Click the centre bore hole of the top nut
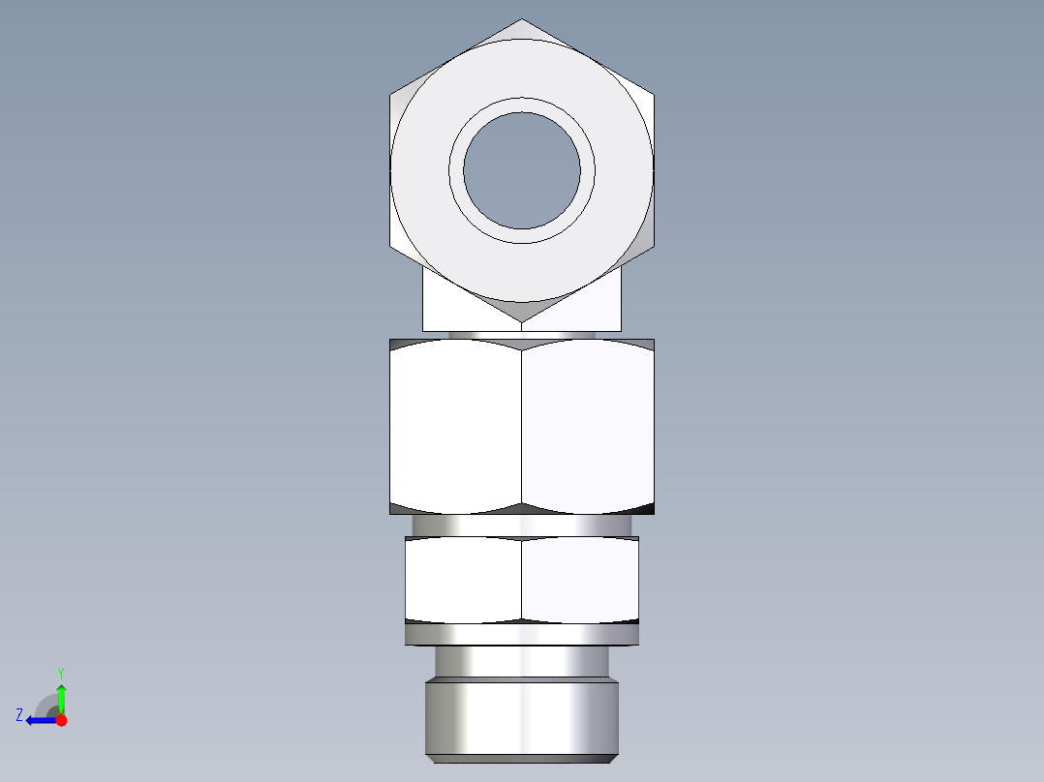point(522,170)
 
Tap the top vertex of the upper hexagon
point(522,19)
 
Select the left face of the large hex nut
point(455,426)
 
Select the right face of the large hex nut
point(587,426)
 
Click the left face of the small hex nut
point(463,579)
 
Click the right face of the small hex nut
point(579,579)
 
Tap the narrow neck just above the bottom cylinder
point(521,661)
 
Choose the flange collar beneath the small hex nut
point(521,634)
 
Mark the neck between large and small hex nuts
point(521,525)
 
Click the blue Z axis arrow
point(39,720)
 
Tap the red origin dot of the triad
point(61,720)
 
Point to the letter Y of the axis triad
point(60,672)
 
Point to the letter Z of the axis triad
point(19,715)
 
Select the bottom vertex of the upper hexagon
point(522,321)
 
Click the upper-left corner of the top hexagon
point(391,95)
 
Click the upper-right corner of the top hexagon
point(653,95)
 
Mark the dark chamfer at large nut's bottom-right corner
point(643,507)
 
